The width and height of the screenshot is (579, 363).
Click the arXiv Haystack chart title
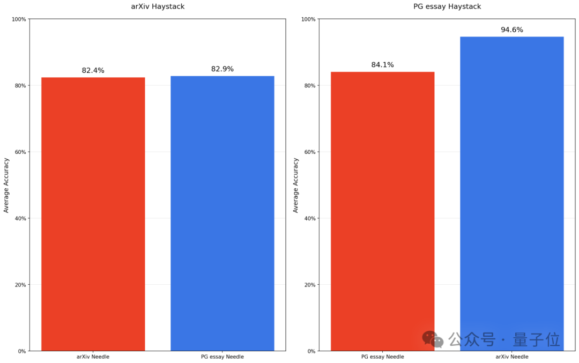click(158, 6)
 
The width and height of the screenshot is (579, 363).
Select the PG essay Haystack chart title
click(447, 6)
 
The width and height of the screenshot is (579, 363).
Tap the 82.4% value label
click(93, 70)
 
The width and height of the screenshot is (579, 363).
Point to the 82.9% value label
click(222, 69)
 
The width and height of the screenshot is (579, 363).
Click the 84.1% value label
click(383, 65)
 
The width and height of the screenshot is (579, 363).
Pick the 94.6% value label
click(512, 30)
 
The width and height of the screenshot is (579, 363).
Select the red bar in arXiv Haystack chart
click(93, 214)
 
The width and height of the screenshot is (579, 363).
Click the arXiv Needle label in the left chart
click(93, 357)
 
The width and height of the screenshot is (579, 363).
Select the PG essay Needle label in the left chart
click(222, 357)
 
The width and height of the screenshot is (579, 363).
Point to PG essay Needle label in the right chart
click(383, 357)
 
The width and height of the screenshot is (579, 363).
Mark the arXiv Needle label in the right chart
click(512, 357)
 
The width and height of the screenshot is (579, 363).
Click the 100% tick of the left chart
click(19, 19)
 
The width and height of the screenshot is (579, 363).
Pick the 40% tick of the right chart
click(309, 218)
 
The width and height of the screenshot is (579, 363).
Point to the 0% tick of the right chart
click(311, 351)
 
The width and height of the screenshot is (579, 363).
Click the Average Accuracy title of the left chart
click(6, 185)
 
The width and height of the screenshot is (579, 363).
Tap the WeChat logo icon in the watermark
click(433, 339)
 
